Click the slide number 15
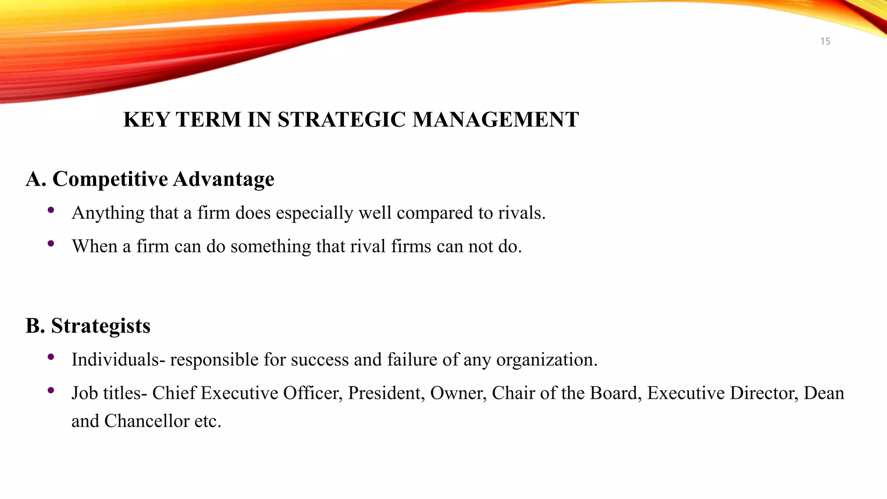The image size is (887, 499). pos(825,42)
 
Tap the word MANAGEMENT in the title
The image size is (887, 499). pos(495,120)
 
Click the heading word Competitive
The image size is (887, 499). pos(110,179)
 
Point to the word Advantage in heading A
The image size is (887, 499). pos(224,179)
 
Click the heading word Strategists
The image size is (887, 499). pos(100,326)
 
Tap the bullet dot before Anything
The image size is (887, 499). pos(51,211)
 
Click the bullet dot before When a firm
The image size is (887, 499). pos(51,244)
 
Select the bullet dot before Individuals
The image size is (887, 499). pos(51,357)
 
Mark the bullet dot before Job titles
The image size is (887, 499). pos(51,391)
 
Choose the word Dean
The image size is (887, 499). pos(824,393)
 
